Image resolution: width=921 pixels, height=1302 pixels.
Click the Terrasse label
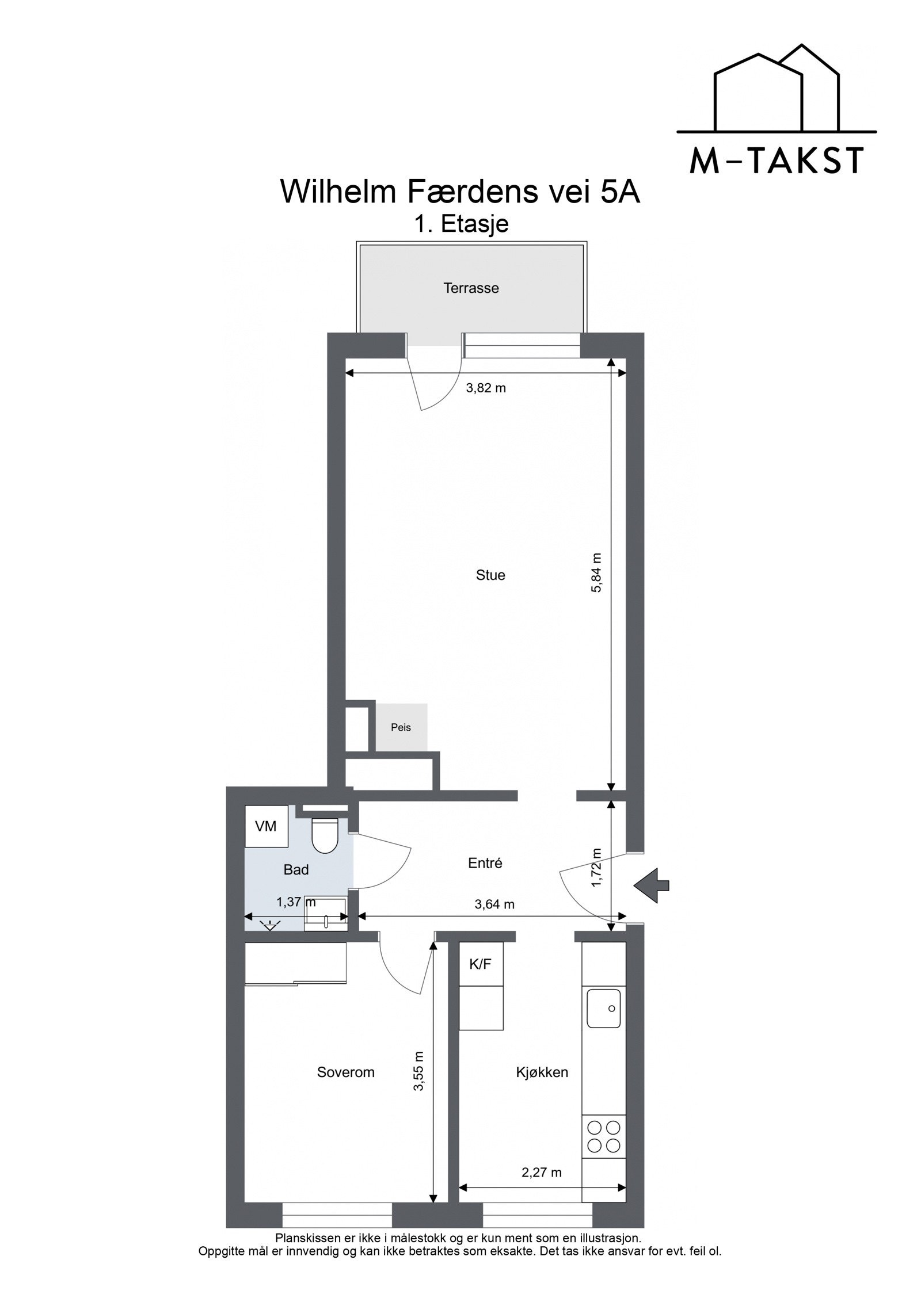coord(471,288)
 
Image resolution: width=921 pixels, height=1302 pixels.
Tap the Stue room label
coord(490,575)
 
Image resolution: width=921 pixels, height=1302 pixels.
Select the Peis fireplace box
coord(401,727)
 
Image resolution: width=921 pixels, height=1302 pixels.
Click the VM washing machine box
coord(266,826)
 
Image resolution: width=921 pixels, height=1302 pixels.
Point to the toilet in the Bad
coord(325,835)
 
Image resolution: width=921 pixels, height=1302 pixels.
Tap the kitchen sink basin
coord(603,1009)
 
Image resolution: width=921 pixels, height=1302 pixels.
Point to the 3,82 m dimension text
coord(486,388)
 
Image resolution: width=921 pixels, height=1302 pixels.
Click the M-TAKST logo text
coord(777,162)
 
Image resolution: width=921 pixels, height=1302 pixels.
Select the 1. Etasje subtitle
coord(462,224)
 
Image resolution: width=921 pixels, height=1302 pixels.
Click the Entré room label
coord(485,863)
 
